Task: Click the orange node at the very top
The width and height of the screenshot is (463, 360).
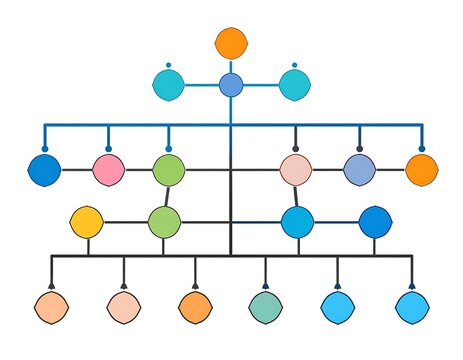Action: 231,43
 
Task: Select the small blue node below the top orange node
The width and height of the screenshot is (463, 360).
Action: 231,85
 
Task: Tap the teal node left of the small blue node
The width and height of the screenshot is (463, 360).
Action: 169,86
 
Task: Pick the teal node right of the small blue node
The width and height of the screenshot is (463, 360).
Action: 294,86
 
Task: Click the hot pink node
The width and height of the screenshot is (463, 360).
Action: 108,170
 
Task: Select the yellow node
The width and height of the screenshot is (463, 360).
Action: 87,221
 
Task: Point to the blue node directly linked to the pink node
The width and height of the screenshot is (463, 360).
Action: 45,170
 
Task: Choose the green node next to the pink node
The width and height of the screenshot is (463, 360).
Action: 168,170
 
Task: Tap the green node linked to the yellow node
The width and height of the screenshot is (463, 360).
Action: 164,222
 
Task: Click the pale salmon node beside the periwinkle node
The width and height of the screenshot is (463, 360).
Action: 295,170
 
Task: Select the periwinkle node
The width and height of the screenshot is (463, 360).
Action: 359,170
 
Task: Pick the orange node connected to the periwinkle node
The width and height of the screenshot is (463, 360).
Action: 421,170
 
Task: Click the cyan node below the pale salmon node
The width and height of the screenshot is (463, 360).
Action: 297,222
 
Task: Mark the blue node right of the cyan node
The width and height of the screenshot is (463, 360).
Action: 375,222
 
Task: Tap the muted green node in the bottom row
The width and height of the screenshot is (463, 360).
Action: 265,306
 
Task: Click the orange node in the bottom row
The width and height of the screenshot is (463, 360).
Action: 194,306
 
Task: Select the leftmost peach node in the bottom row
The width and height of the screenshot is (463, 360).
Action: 51,306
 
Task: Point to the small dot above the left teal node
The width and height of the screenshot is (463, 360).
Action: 169,66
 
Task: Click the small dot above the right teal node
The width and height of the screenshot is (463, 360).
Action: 294,66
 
